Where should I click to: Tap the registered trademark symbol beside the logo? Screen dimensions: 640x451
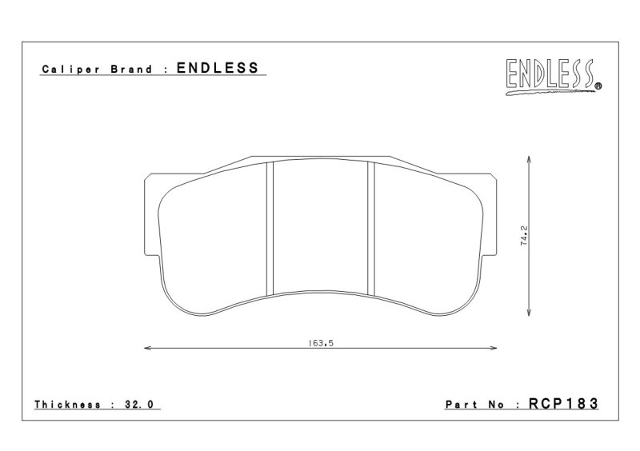[x=598, y=86]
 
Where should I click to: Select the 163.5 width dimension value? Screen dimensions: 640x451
[x=321, y=343]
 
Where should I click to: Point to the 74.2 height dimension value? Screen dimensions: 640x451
[x=524, y=236]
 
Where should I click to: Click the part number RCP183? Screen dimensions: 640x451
[x=563, y=404]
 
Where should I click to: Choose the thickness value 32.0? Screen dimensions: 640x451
[x=138, y=405]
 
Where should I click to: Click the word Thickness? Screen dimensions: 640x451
[x=68, y=405]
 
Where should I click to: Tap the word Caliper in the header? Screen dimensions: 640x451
[x=71, y=70]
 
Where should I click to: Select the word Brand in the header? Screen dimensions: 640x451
[x=131, y=69]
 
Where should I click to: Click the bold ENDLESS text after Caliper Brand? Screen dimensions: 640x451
[x=218, y=68]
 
